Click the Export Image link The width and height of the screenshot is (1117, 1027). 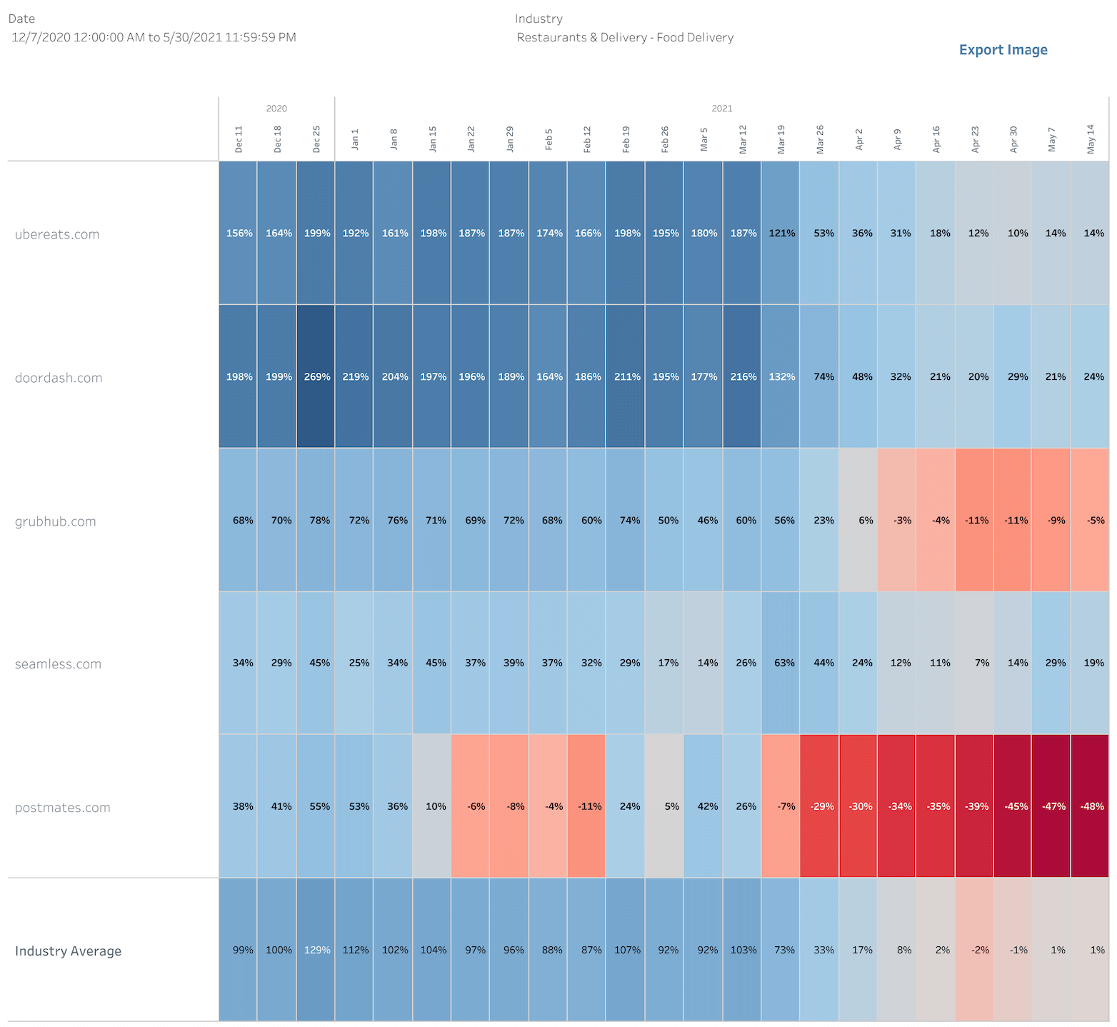[x=1003, y=50]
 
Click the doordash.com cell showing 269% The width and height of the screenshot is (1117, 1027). [x=316, y=376]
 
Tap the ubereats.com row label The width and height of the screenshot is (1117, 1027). [x=57, y=234]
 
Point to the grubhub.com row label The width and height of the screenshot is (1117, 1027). [x=56, y=521]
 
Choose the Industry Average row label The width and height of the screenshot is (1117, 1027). [x=69, y=951]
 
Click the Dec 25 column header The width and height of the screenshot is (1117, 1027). [x=316, y=139]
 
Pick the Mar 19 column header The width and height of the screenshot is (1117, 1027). [x=781, y=139]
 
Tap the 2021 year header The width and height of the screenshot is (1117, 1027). [x=721, y=109]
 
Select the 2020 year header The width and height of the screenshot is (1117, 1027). [x=276, y=109]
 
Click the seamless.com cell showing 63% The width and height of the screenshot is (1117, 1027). [x=781, y=663]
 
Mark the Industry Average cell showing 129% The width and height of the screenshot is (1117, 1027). [x=316, y=950]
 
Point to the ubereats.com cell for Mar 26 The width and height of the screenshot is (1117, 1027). [x=820, y=233]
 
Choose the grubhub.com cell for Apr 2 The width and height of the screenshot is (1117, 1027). [x=858, y=520]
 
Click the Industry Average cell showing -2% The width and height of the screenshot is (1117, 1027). [x=974, y=950]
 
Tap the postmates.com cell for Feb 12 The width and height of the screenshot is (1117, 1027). [x=586, y=806]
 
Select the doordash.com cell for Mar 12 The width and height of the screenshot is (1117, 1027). [x=742, y=376]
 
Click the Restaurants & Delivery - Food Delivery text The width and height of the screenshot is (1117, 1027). [x=625, y=38]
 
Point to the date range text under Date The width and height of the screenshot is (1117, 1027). [x=154, y=38]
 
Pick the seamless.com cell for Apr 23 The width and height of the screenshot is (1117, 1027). [x=974, y=663]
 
